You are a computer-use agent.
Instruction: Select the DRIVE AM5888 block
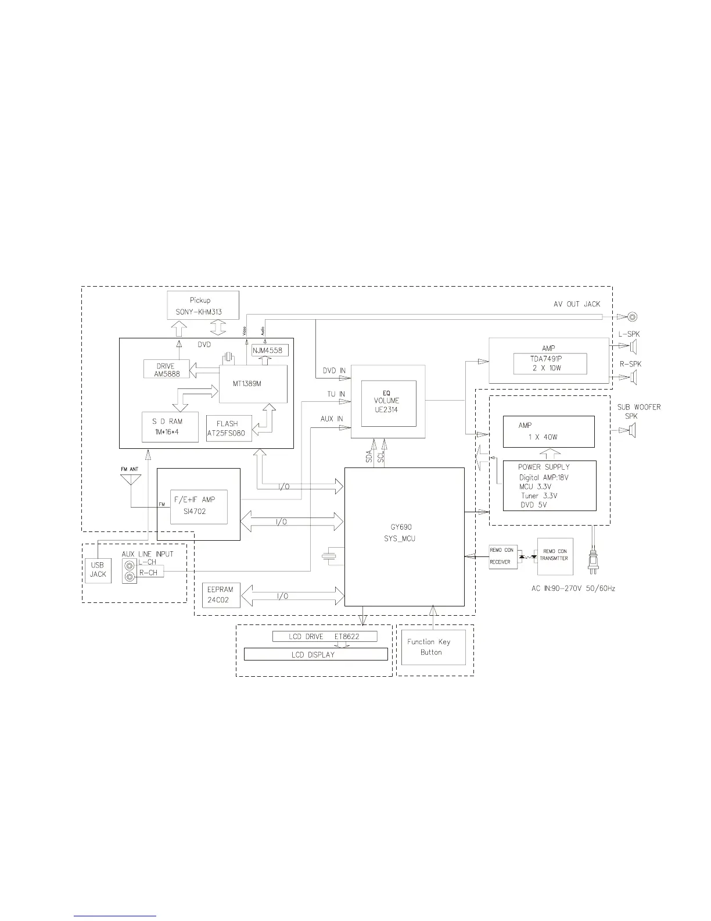coord(166,370)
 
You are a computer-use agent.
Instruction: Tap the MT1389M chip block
coord(253,384)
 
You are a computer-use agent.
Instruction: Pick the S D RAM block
coord(170,427)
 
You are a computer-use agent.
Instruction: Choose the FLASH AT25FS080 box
coord(229,429)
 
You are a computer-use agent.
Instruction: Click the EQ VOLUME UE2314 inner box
coord(389,401)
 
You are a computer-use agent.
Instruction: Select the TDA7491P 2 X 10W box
coord(550,364)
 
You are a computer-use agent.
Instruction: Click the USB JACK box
coord(98,570)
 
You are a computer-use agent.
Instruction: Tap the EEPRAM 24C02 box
coord(220,595)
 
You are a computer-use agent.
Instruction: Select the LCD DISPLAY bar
coord(315,654)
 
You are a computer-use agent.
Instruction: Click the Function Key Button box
coord(433,647)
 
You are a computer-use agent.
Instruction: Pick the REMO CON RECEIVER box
coord(502,556)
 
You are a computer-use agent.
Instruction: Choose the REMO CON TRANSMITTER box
coord(555,556)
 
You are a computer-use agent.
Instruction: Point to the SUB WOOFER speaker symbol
coord(632,430)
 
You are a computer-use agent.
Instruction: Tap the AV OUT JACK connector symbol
coord(631,317)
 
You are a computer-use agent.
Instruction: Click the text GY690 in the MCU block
coord(401,527)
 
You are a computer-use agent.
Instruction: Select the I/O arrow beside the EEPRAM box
coord(292,595)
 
